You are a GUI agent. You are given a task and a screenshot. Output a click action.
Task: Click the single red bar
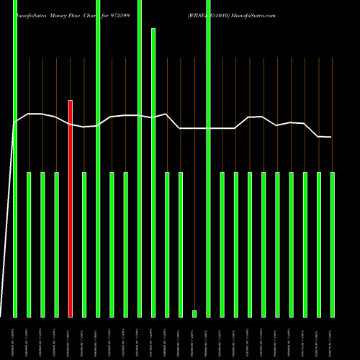pos(71,209)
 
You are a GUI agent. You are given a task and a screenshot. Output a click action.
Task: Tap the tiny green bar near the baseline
pos(194,313)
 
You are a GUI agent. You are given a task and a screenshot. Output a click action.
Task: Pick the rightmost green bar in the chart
pos(333,245)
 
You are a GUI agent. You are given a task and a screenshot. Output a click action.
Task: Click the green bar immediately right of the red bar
pos(84,245)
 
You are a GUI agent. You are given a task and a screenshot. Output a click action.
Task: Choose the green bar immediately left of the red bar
pos(57,245)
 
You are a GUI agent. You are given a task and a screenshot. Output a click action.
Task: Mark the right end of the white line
pos(331,137)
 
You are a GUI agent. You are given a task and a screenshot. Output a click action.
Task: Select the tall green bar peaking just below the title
pos(153,173)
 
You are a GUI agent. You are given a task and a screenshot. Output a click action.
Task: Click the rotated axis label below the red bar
pos(71,338)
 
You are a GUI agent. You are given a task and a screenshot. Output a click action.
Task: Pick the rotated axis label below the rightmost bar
pos(333,338)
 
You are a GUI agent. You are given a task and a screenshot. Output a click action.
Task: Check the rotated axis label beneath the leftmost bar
pos(15,338)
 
